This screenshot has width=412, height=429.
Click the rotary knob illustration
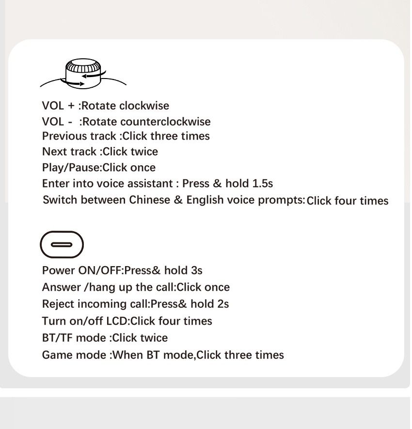point(83,73)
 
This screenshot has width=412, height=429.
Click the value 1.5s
point(263,183)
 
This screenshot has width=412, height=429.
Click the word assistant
point(150,183)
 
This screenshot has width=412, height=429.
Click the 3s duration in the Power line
point(197,270)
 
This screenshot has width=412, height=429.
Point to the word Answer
point(61,287)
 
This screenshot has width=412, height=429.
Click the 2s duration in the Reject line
point(223,304)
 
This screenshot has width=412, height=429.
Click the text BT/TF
point(57,338)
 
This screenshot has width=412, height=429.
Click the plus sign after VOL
point(71,106)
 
